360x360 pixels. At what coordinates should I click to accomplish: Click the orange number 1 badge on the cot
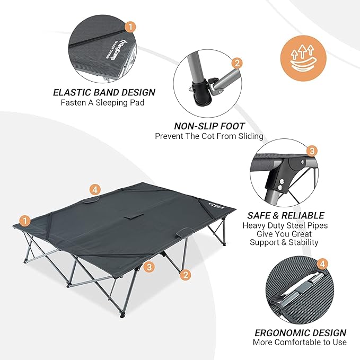[x=25, y=221]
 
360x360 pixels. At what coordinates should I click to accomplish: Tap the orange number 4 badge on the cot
[x=95, y=190]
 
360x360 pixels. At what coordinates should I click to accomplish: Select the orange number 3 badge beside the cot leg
[x=149, y=267]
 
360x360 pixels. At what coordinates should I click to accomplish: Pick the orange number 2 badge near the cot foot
[x=186, y=275]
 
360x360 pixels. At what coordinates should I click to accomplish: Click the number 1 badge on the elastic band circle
[x=130, y=27]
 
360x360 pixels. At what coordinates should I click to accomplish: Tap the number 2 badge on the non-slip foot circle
[x=237, y=63]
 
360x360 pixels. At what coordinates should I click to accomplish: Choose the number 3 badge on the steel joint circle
[x=312, y=151]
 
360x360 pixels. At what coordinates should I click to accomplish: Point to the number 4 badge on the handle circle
[x=322, y=264]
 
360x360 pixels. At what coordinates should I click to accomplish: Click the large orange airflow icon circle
[x=303, y=58]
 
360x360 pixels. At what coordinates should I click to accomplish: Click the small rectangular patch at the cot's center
[x=134, y=217]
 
